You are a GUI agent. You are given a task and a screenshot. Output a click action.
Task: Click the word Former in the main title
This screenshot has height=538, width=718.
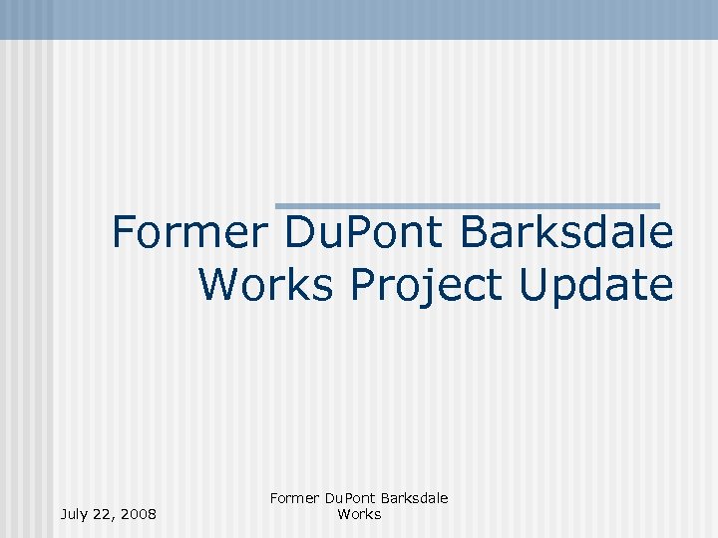click(x=189, y=233)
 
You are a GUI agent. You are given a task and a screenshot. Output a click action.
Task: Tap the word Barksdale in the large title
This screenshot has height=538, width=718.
click(x=566, y=233)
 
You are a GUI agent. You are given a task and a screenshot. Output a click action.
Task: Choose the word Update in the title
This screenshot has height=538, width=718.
click(x=596, y=286)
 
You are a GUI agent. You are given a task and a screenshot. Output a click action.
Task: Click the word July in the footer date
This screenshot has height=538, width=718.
click(x=75, y=514)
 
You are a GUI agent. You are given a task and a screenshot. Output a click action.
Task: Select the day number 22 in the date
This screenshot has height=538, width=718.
click(x=105, y=514)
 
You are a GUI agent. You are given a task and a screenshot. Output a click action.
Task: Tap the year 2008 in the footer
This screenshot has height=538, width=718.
click(x=139, y=514)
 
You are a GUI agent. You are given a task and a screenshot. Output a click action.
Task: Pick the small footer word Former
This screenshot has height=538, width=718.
click(x=293, y=498)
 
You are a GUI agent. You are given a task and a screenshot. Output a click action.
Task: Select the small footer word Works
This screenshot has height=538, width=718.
click(x=359, y=514)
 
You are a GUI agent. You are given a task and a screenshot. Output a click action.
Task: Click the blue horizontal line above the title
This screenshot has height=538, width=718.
click(x=468, y=205)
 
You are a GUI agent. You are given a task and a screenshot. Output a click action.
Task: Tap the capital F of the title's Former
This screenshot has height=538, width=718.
click(x=124, y=233)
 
